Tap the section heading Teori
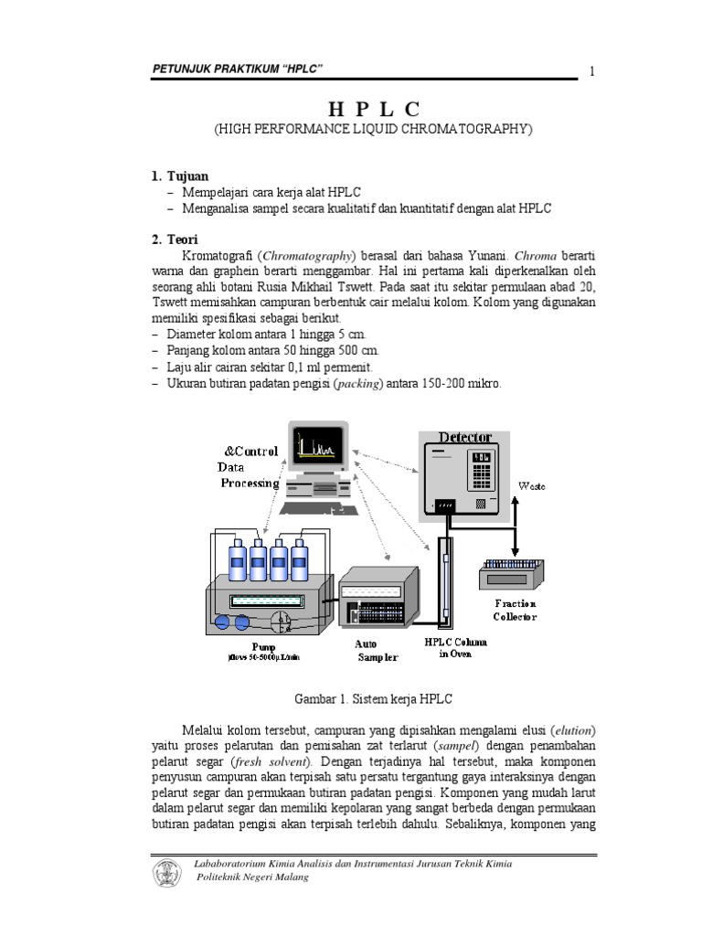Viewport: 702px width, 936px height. pyautogui.click(x=184, y=239)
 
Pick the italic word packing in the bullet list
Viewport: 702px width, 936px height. pyautogui.click(x=359, y=385)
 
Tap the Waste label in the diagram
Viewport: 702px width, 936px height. pyautogui.click(x=532, y=486)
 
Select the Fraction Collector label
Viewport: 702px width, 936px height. pyautogui.click(x=516, y=610)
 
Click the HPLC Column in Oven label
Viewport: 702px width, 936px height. pyautogui.click(x=455, y=647)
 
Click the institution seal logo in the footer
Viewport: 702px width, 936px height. pyautogui.click(x=167, y=871)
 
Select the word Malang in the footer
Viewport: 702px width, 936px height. pyautogui.click(x=287, y=877)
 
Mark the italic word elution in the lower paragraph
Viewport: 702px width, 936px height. pyautogui.click(x=573, y=730)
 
